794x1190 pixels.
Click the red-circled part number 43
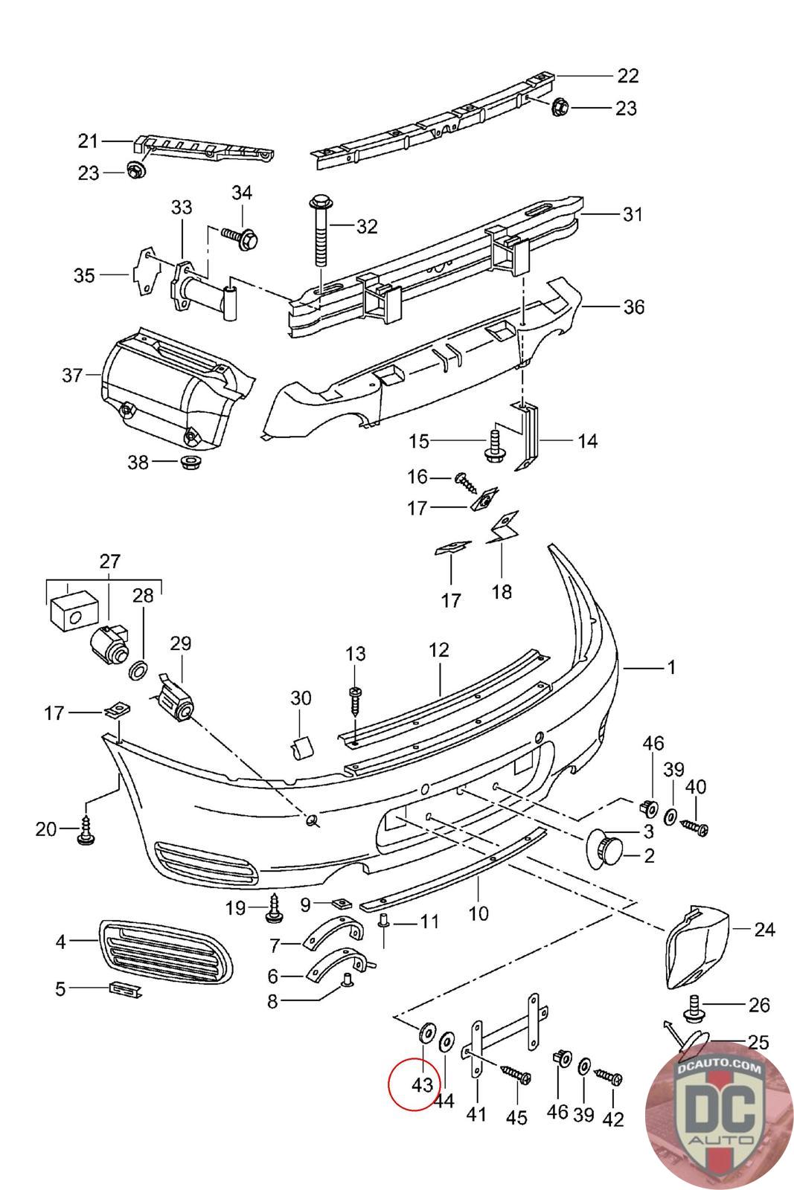(422, 1084)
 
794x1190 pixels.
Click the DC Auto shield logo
(719, 1116)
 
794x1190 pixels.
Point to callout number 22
(627, 76)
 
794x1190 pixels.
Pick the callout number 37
(73, 376)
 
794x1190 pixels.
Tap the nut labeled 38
(188, 462)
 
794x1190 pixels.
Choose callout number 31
(633, 214)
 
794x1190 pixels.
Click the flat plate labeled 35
(146, 271)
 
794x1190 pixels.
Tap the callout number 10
(478, 913)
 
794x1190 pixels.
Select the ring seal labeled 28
(138, 670)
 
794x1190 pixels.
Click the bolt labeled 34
(240, 237)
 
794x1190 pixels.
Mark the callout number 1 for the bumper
(671, 666)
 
